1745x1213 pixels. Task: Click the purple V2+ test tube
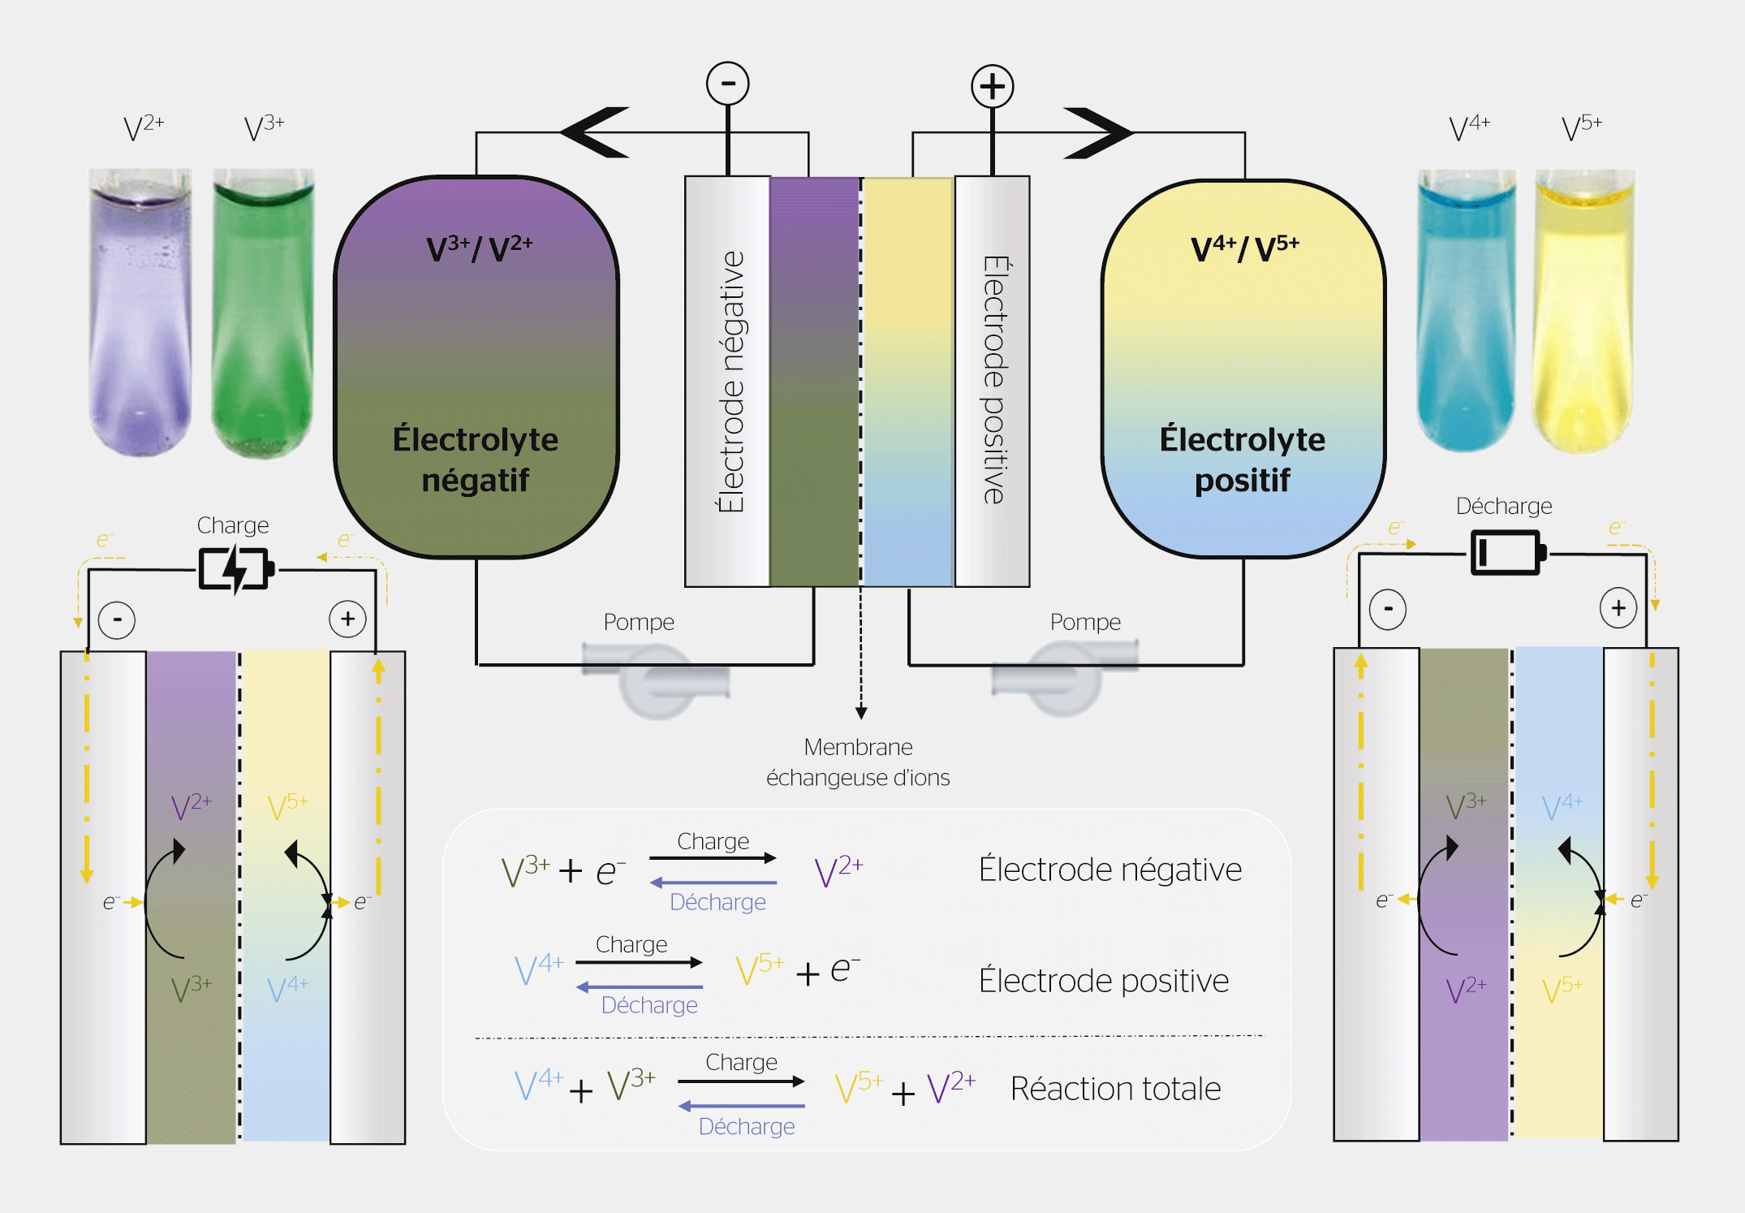click(x=140, y=313)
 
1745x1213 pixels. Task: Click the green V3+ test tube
click(x=263, y=313)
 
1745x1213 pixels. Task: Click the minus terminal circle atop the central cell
click(x=727, y=84)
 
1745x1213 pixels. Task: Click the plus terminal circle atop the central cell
click(x=992, y=86)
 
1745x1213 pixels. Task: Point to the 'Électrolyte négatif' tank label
click(x=476, y=459)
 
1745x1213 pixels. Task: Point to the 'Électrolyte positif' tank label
click(x=1242, y=459)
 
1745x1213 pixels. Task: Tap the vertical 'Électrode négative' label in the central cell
click(x=731, y=382)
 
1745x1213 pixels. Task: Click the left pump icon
click(x=656, y=678)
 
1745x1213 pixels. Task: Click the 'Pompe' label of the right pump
click(x=1085, y=622)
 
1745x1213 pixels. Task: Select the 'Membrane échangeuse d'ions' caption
click(x=858, y=762)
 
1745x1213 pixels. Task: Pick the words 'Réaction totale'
click(x=1115, y=1089)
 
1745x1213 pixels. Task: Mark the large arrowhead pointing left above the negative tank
click(x=596, y=132)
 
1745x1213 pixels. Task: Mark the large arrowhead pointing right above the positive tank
click(x=1097, y=132)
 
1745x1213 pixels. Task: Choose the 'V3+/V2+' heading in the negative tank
click(x=479, y=248)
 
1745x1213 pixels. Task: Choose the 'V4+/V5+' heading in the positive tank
click(x=1245, y=248)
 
